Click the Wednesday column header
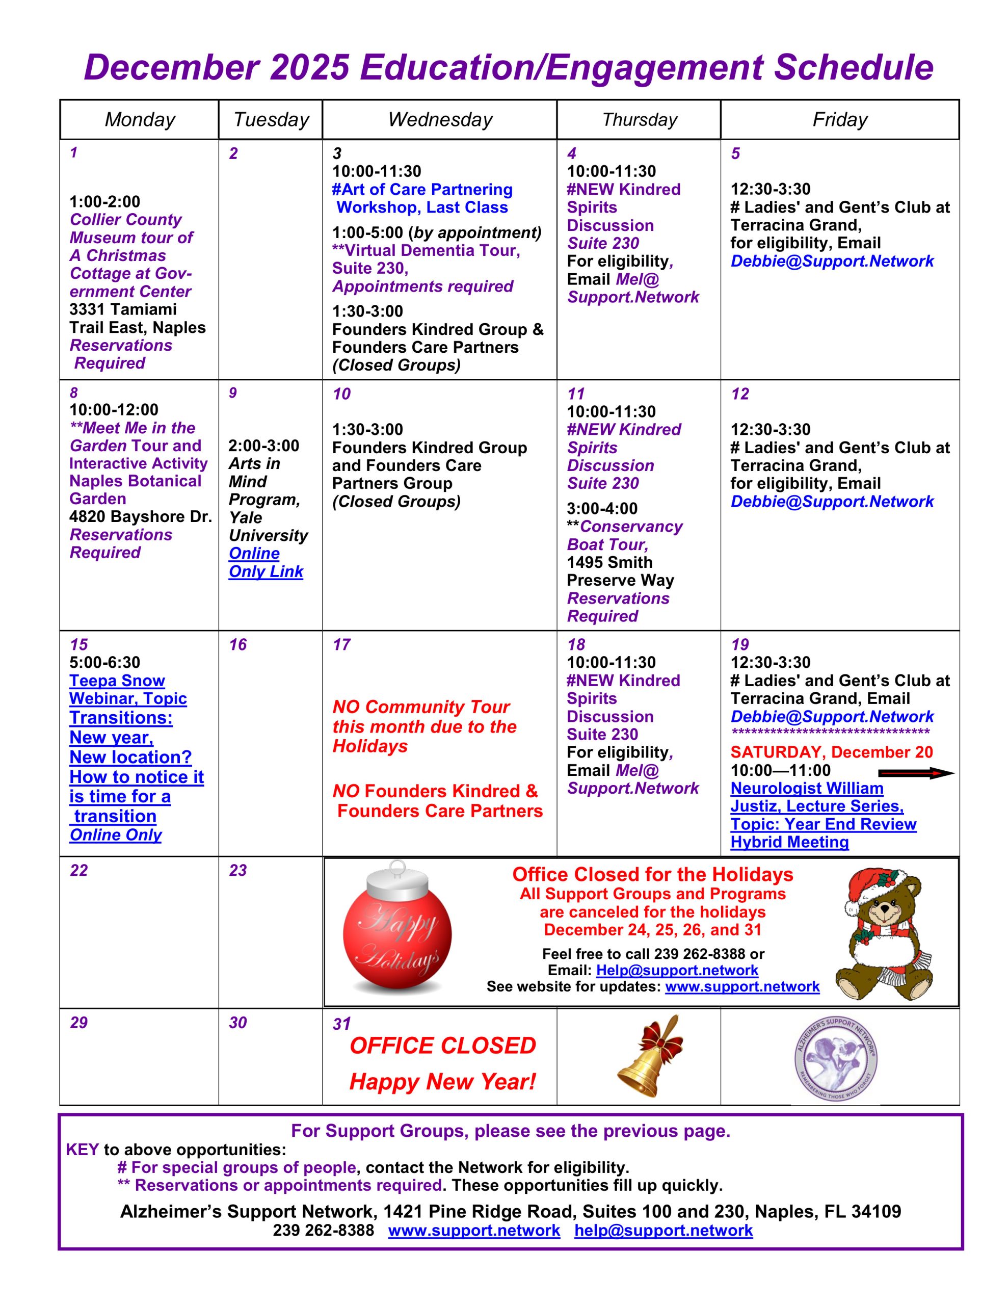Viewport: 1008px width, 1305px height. (440, 119)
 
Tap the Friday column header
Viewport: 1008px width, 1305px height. (839, 119)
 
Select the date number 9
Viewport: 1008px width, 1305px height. (232, 393)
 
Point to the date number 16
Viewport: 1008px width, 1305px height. (238, 644)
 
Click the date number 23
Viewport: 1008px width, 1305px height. (238, 870)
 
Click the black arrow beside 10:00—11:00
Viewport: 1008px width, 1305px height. (916, 773)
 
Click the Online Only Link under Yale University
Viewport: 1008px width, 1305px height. (266, 562)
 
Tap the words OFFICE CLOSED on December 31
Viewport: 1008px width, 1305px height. (443, 1046)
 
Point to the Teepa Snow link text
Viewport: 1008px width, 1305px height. (117, 681)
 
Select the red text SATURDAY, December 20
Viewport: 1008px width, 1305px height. (831, 752)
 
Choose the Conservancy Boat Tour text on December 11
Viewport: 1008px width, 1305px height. (624, 535)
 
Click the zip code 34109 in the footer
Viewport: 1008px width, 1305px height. (876, 1211)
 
